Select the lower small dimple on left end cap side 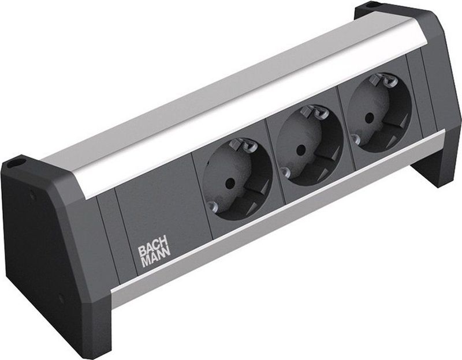pyautogui.click(x=60, y=300)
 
